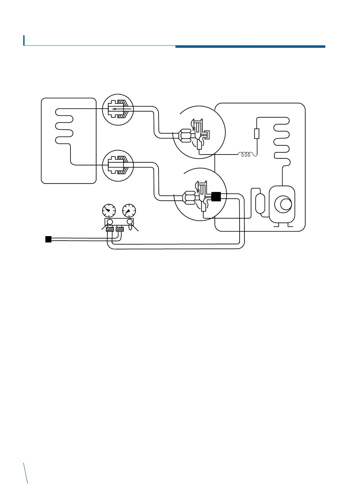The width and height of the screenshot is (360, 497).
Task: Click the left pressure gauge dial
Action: pyautogui.click(x=109, y=210)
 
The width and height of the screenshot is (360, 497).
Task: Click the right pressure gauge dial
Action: pyautogui.click(x=129, y=210)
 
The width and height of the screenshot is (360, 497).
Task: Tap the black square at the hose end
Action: pyautogui.click(x=48, y=239)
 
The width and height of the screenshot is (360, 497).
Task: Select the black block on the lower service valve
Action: pyautogui.click(x=216, y=197)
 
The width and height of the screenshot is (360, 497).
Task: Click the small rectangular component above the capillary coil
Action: pyautogui.click(x=257, y=133)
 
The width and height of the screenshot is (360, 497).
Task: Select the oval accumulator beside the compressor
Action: pyautogui.click(x=260, y=203)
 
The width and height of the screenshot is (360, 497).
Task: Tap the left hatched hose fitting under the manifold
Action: pyautogui.click(x=110, y=229)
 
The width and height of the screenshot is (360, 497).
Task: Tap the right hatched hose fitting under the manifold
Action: pyautogui.click(x=120, y=229)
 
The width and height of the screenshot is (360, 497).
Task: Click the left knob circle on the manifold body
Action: pyautogui.click(x=110, y=222)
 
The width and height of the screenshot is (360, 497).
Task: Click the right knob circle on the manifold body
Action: pyautogui.click(x=129, y=222)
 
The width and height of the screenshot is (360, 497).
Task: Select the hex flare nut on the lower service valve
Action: pyautogui.click(x=189, y=198)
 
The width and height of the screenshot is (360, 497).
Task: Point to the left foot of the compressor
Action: pyautogui.click(x=276, y=225)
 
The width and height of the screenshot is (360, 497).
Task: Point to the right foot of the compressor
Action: pyautogui.click(x=290, y=225)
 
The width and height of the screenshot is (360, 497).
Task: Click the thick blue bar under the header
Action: pyautogui.click(x=250, y=47)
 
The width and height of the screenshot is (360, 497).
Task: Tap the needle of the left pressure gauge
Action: pyautogui.click(x=107, y=209)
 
